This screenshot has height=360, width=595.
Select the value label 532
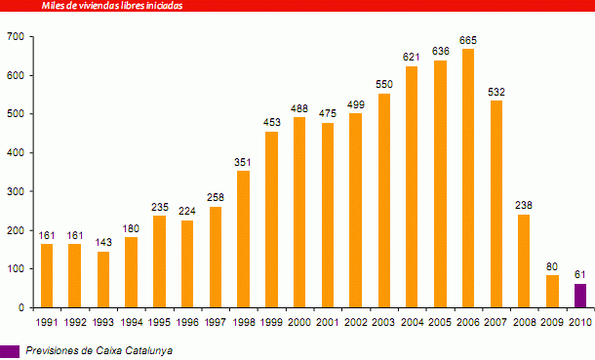(496, 92)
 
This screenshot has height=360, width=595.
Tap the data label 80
(552, 267)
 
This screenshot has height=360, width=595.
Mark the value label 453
(271, 123)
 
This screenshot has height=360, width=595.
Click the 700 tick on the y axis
(15, 37)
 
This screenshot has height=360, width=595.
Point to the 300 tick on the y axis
(15, 192)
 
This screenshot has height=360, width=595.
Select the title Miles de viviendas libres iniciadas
(112, 5)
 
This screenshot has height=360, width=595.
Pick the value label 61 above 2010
(580, 275)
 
